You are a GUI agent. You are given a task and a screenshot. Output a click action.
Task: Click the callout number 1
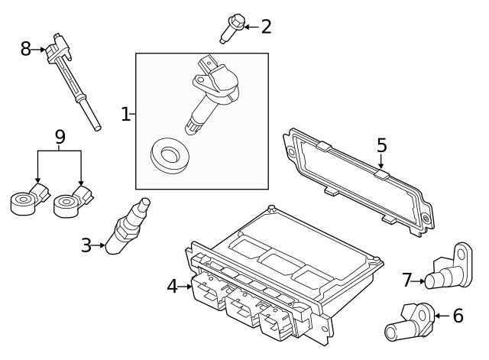pos(126,115)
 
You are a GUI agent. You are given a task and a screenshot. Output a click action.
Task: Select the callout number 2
pos(265,27)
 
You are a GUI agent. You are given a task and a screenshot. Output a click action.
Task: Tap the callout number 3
pos(86,245)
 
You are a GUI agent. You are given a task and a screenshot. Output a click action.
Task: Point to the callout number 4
pos(172,287)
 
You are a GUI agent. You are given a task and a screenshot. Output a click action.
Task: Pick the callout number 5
pos(381,144)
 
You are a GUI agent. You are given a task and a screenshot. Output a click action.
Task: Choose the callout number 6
pos(458,315)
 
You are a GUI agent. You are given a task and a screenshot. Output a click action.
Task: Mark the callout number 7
pos(407,281)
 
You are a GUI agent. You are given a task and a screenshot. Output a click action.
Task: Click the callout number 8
pos(26,49)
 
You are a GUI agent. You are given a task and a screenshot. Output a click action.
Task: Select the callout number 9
pos(60,137)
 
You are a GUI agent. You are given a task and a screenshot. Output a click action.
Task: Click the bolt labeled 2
pos(230,28)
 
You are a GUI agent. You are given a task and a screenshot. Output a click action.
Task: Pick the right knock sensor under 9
pos(73,201)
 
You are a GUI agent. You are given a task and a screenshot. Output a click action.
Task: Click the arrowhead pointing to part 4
pos(189,287)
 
